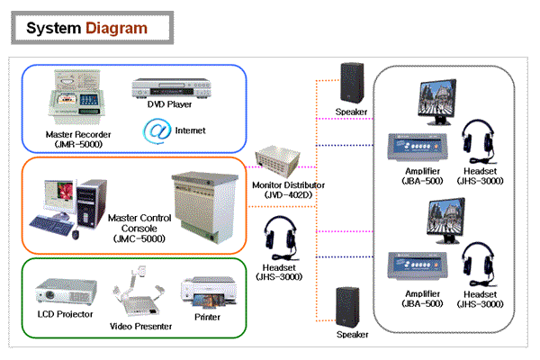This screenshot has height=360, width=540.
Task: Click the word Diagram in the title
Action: (116, 28)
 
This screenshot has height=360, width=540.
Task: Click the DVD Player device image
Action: (170, 89)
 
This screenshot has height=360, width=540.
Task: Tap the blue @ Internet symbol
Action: (158, 130)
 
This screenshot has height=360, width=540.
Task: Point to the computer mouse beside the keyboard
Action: (76, 235)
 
